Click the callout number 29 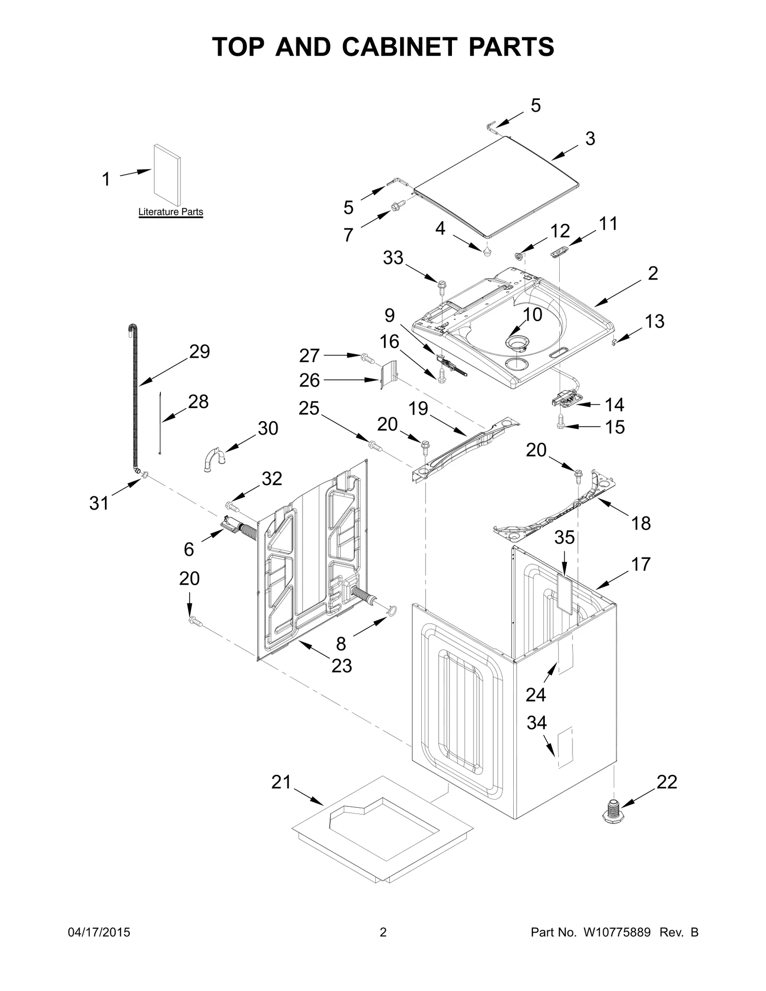199,352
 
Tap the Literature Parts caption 170,212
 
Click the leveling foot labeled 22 613,812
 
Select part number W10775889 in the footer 617,932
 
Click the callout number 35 564,537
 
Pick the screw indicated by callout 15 562,422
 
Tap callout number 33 393,258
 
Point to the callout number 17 641,564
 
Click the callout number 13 654,321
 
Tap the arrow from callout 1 135,173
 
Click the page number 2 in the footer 383,932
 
